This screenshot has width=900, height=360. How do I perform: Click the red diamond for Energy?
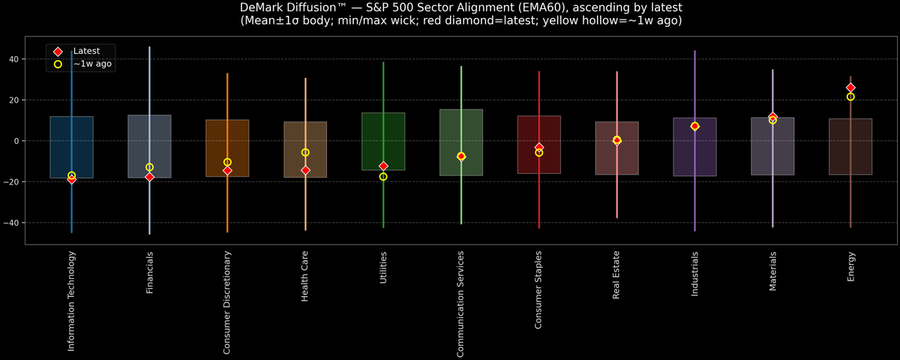tap(850, 88)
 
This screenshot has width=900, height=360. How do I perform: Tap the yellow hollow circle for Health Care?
tap(305, 152)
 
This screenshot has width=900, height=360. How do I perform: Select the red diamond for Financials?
tap(149, 177)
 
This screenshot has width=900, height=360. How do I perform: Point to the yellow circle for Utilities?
tap(383, 177)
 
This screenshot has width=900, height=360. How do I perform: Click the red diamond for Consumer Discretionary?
tap(227, 170)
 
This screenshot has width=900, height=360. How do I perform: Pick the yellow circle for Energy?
tap(850, 97)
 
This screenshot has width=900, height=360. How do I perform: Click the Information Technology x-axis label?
tap(71, 301)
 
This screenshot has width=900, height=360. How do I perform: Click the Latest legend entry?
tap(86, 50)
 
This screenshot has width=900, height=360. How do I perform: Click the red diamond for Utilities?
tap(383, 166)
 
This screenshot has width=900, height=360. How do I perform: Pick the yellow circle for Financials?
tap(149, 167)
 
